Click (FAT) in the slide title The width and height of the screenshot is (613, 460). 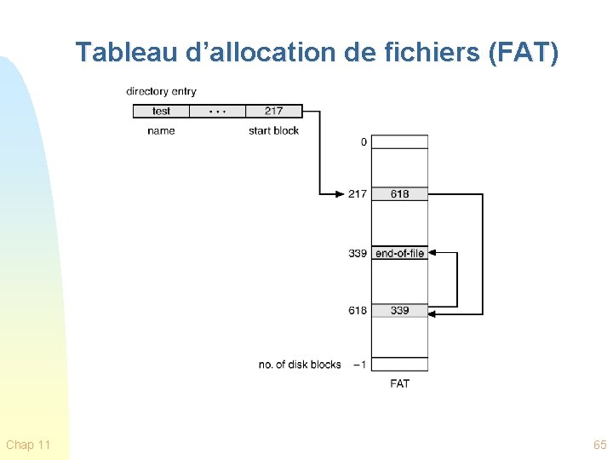click(x=524, y=53)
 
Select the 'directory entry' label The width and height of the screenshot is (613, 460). click(x=161, y=91)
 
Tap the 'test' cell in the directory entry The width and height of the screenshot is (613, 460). click(x=161, y=111)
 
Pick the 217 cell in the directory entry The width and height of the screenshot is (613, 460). click(x=273, y=111)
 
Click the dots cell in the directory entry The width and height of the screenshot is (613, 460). click(x=217, y=111)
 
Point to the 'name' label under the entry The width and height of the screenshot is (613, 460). click(x=161, y=130)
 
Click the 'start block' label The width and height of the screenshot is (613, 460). click(x=273, y=130)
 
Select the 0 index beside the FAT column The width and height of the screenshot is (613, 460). click(x=364, y=142)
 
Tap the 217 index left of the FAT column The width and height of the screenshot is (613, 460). click(x=358, y=194)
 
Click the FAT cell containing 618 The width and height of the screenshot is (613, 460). click(x=400, y=194)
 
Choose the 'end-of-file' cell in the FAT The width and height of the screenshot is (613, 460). click(x=400, y=253)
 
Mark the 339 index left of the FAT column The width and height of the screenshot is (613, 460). click(x=358, y=253)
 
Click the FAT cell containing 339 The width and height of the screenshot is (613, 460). click(x=400, y=310)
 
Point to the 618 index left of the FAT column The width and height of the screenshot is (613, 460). click(x=358, y=310)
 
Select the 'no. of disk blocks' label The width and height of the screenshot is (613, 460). click(x=300, y=365)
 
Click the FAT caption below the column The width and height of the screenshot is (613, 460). click(x=400, y=383)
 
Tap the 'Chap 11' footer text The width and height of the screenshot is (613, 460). click(x=28, y=445)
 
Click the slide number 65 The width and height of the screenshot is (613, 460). click(x=599, y=445)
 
